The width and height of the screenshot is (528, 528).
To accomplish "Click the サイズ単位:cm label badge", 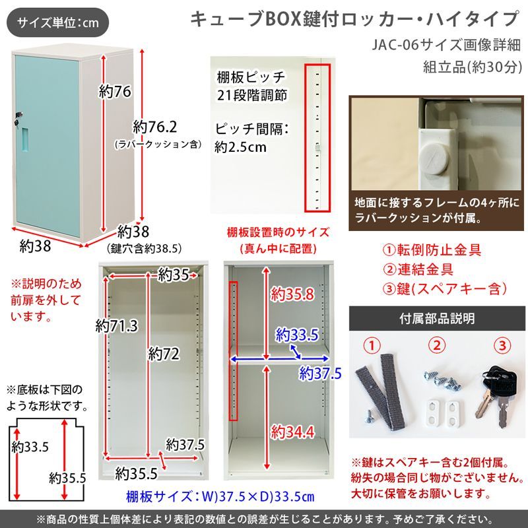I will point(58,23).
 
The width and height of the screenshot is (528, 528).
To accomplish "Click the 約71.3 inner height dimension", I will point(116,325).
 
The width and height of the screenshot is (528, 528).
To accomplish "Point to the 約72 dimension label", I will point(164,354).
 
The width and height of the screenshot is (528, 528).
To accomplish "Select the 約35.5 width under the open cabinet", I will point(136,473).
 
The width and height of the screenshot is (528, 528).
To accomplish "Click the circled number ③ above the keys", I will point(502,345).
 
